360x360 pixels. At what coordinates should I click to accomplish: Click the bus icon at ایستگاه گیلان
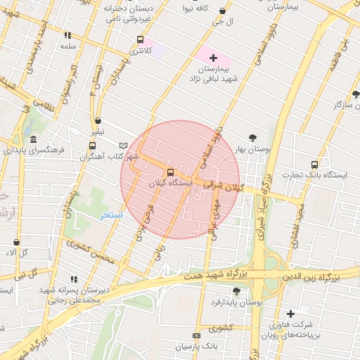tap(170, 172)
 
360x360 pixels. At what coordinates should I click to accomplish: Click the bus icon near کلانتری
tap(140, 40)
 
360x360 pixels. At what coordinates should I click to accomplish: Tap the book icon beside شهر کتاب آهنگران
tap(124, 144)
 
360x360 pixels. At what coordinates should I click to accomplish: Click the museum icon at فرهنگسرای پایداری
tap(33, 140)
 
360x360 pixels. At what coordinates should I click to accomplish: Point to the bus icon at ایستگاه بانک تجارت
tap(314, 164)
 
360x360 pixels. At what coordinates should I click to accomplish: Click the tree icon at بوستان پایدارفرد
tap(236, 291)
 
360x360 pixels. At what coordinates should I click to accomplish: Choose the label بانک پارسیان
tap(193, 347)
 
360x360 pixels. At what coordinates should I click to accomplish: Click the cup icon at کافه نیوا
tap(223, 12)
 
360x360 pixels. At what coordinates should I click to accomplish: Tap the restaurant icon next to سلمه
tap(67, 35)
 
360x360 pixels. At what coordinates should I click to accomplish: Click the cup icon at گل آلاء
tap(16, 243)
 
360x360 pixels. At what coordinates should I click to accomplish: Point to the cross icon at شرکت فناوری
tap(290, 314)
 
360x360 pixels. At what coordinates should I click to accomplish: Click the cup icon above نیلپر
tap(97, 121)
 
